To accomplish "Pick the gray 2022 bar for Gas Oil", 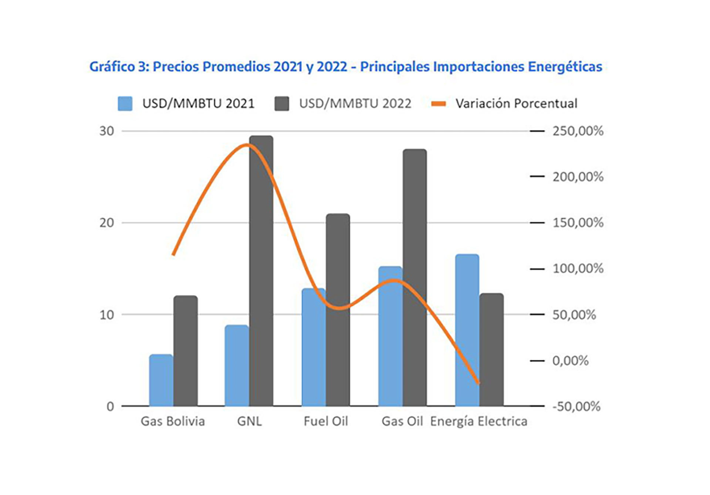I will [415, 277].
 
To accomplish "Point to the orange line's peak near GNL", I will [247, 145].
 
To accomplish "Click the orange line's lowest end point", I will [479, 383].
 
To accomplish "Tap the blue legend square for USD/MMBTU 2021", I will [125, 104].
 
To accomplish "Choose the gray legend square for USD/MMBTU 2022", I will [282, 104].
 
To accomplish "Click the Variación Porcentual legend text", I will [516, 104].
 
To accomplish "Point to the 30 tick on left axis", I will [106, 131].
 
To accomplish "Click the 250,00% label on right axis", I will [578, 131].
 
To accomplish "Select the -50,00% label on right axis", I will [576, 406].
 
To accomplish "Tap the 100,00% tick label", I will [578, 269].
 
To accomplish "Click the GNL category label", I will [249, 421].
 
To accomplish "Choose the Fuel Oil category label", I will [326, 421].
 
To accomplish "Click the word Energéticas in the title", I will [565, 67].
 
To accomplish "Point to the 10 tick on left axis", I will [106, 315].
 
